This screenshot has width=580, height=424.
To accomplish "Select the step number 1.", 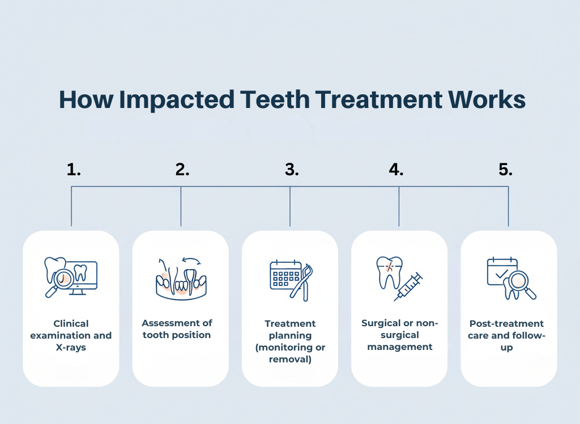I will [x=74, y=170].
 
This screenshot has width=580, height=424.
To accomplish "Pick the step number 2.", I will [x=182, y=170].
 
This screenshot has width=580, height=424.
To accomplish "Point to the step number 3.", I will [x=292, y=170].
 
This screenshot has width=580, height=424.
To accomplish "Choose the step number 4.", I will [x=396, y=170].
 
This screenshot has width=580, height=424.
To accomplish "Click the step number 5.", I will [x=506, y=170].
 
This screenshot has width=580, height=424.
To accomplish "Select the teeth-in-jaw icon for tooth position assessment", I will [x=180, y=278].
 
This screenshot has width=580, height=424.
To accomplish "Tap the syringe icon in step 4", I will [x=409, y=286].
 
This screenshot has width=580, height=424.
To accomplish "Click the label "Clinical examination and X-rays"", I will [x=71, y=335].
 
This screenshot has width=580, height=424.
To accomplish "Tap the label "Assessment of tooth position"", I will [x=177, y=329].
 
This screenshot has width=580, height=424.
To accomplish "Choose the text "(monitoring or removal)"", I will [x=290, y=353].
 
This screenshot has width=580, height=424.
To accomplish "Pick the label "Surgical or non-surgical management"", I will [x=399, y=335].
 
